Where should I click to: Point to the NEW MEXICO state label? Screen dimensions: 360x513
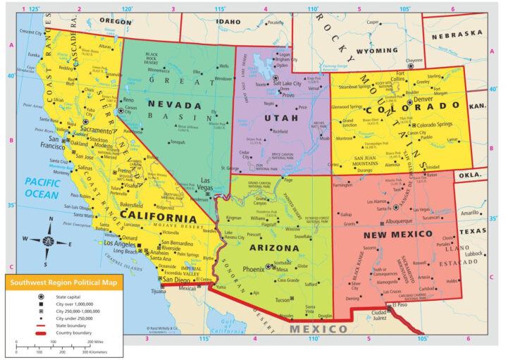tap(397, 233)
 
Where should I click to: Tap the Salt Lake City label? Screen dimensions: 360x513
tap(287, 83)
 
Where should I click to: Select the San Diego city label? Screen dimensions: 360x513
tap(177, 279)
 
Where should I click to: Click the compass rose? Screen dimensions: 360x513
tap(47, 240)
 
